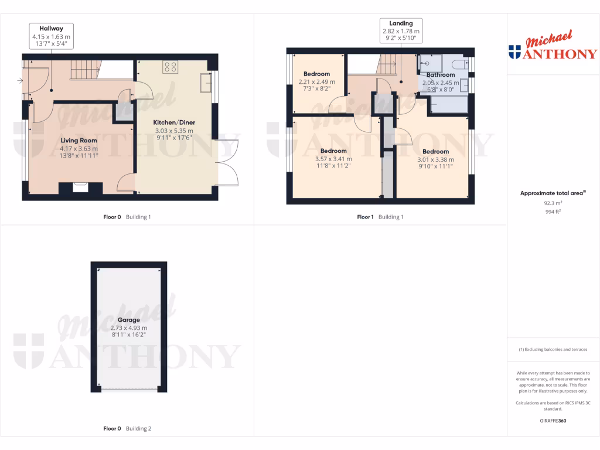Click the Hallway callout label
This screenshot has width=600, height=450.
pyautogui.click(x=51, y=28)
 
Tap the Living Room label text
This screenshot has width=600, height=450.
pyautogui.click(x=79, y=140)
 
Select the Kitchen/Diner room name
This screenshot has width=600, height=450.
pyautogui.click(x=174, y=122)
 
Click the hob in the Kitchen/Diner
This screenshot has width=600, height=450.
pyautogui.click(x=171, y=68)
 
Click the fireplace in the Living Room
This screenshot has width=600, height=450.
pyautogui.click(x=80, y=187)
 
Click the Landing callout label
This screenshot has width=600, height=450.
pyautogui.click(x=401, y=23)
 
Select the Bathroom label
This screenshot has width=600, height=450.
pyautogui.click(x=440, y=75)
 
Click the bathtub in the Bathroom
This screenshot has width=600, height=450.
pyautogui.click(x=449, y=104)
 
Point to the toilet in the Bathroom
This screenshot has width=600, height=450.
pyautogui.click(x=460, y=64)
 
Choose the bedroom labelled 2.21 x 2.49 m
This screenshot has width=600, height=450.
pyautogui.click(x=316, y=82)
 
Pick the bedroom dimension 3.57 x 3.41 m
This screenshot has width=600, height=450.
pyautogui.click(x=333, y=158)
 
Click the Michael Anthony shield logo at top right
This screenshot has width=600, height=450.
pyautogui.click(x=515, y=52)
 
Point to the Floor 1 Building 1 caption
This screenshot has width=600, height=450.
pyautogui.click(x=380, y=217)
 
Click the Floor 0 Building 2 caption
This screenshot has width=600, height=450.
pyautogui.click(x=127, y=428)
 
